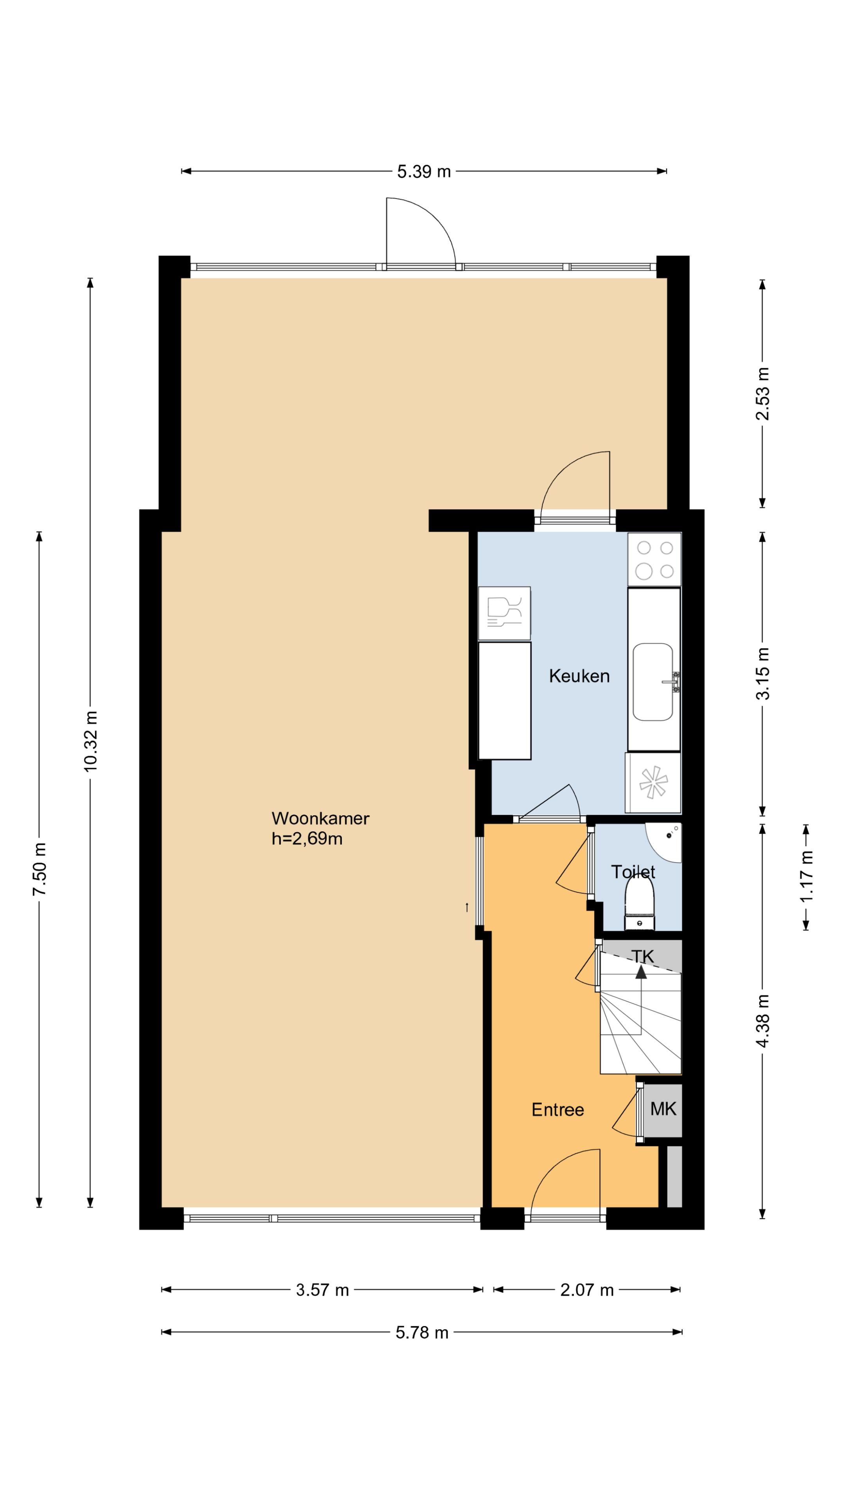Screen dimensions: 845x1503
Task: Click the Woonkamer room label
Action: (x=320, y=818)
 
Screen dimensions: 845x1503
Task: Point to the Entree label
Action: (x=557, y=1109)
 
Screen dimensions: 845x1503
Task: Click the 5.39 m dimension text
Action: (x=424, y=171)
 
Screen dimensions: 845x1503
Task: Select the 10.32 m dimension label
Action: (x=90, y=741)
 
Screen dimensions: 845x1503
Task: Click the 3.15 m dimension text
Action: (x=762, y=673)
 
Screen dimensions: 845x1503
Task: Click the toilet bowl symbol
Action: (x=640, y=903)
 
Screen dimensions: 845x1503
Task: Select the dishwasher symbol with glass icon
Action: (x=504, y=613)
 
